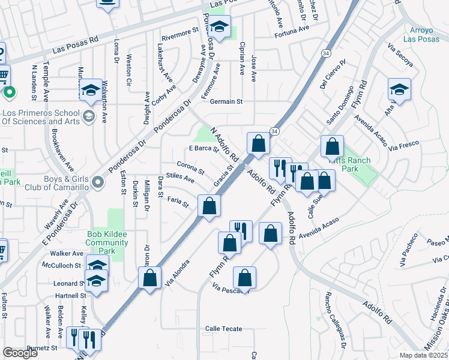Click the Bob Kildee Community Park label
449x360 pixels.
point(107,238)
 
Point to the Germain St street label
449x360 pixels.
point(226,101)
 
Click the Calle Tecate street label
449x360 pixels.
point(224,329)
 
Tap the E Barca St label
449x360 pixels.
point(203,148)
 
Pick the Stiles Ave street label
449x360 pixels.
point(180,178)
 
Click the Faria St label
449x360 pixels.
point(178,202)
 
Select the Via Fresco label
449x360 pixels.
point(403,146)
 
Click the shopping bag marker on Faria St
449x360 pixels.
point(209,206)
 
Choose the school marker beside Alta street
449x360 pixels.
point(399,90)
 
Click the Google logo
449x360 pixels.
point(20,353)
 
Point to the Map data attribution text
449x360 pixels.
point(424,355)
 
